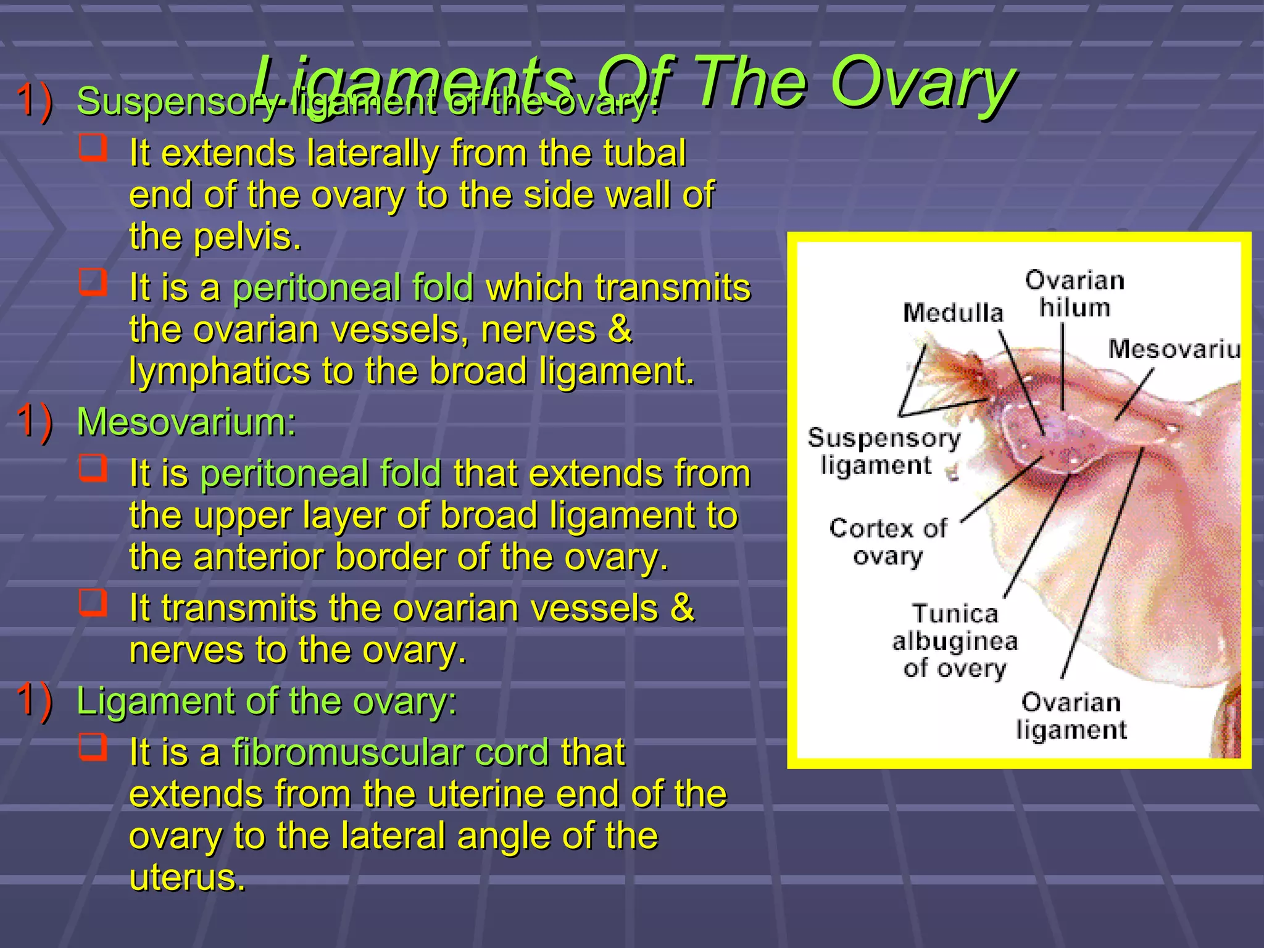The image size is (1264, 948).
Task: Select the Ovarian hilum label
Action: [x=1075, y=294]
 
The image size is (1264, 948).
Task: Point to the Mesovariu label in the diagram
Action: [x=1173, y=349]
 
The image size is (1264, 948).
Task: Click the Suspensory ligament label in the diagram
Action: [x=883, y=451]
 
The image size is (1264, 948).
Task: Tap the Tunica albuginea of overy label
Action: [x=955, y=641]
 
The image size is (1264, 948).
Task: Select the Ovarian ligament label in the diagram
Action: [x=1071, y=716]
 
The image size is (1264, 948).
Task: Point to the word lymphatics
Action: [x=219, y=372]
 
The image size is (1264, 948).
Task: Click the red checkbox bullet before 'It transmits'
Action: [x=93, y=602]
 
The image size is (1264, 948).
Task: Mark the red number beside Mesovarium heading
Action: [x=34, y=422]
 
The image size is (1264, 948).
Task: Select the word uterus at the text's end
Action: [x=186, y=878]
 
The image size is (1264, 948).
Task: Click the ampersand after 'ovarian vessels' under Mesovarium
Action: [x=682, y=607]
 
